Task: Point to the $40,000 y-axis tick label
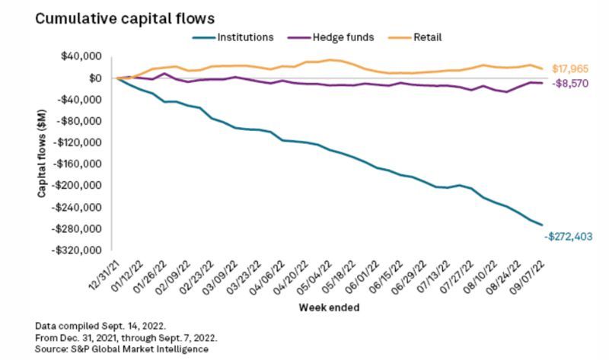pyautogui.click(x=84, y=56)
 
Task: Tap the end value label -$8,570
pyautogui.click(x=566, y=84)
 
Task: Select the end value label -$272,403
pyautogui.click(x=568, y=237)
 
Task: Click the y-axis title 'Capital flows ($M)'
pyautogui.click(x=43, y=152)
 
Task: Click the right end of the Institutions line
pyautogui.click(x=541, y=225)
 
